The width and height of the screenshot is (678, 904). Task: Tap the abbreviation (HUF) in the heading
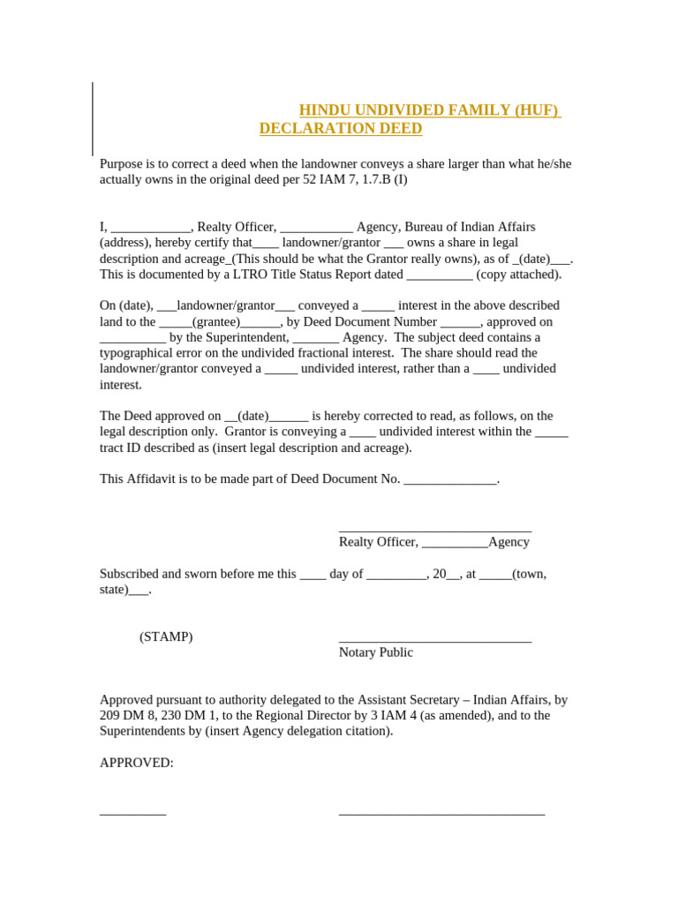[x=536, y=110]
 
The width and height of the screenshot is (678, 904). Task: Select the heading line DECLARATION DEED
[x=341, y=129]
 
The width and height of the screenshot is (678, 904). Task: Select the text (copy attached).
[x=518, y=275]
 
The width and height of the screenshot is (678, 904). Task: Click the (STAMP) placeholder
[x=166, y=637]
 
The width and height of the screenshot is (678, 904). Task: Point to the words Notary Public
[x=376, y=652]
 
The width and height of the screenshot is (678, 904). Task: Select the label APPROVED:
[x=137, y=763]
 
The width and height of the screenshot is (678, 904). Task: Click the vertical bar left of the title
[x=93, y=119]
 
